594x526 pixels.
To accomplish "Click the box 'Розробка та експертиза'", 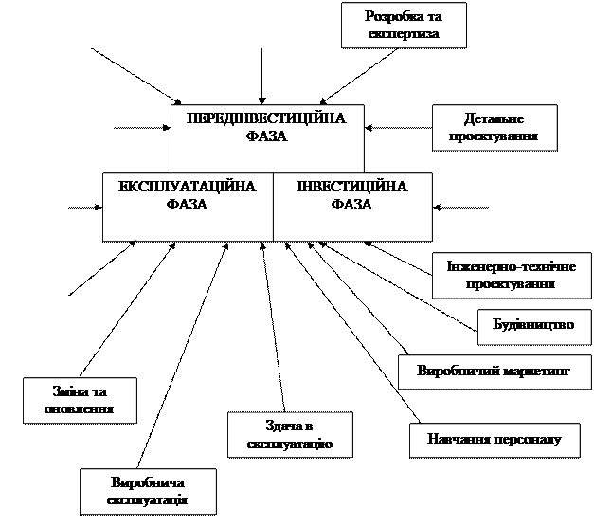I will [404, 25].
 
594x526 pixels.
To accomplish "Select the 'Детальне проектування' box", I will [495, 127].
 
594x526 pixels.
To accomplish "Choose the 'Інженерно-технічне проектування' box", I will [503, 275].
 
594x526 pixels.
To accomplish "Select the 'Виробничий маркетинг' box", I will [494, 371].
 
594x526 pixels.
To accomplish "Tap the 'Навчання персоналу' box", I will [495, 440].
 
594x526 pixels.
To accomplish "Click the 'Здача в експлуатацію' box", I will [289, 435].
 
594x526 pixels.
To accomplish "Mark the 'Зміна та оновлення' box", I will [80, 400].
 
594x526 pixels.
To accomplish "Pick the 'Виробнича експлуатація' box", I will [147, 491].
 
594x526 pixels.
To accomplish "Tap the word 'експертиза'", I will [404, 34].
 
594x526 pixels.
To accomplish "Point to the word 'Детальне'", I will [495, 119].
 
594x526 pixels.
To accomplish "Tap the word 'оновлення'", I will [80, 409].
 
